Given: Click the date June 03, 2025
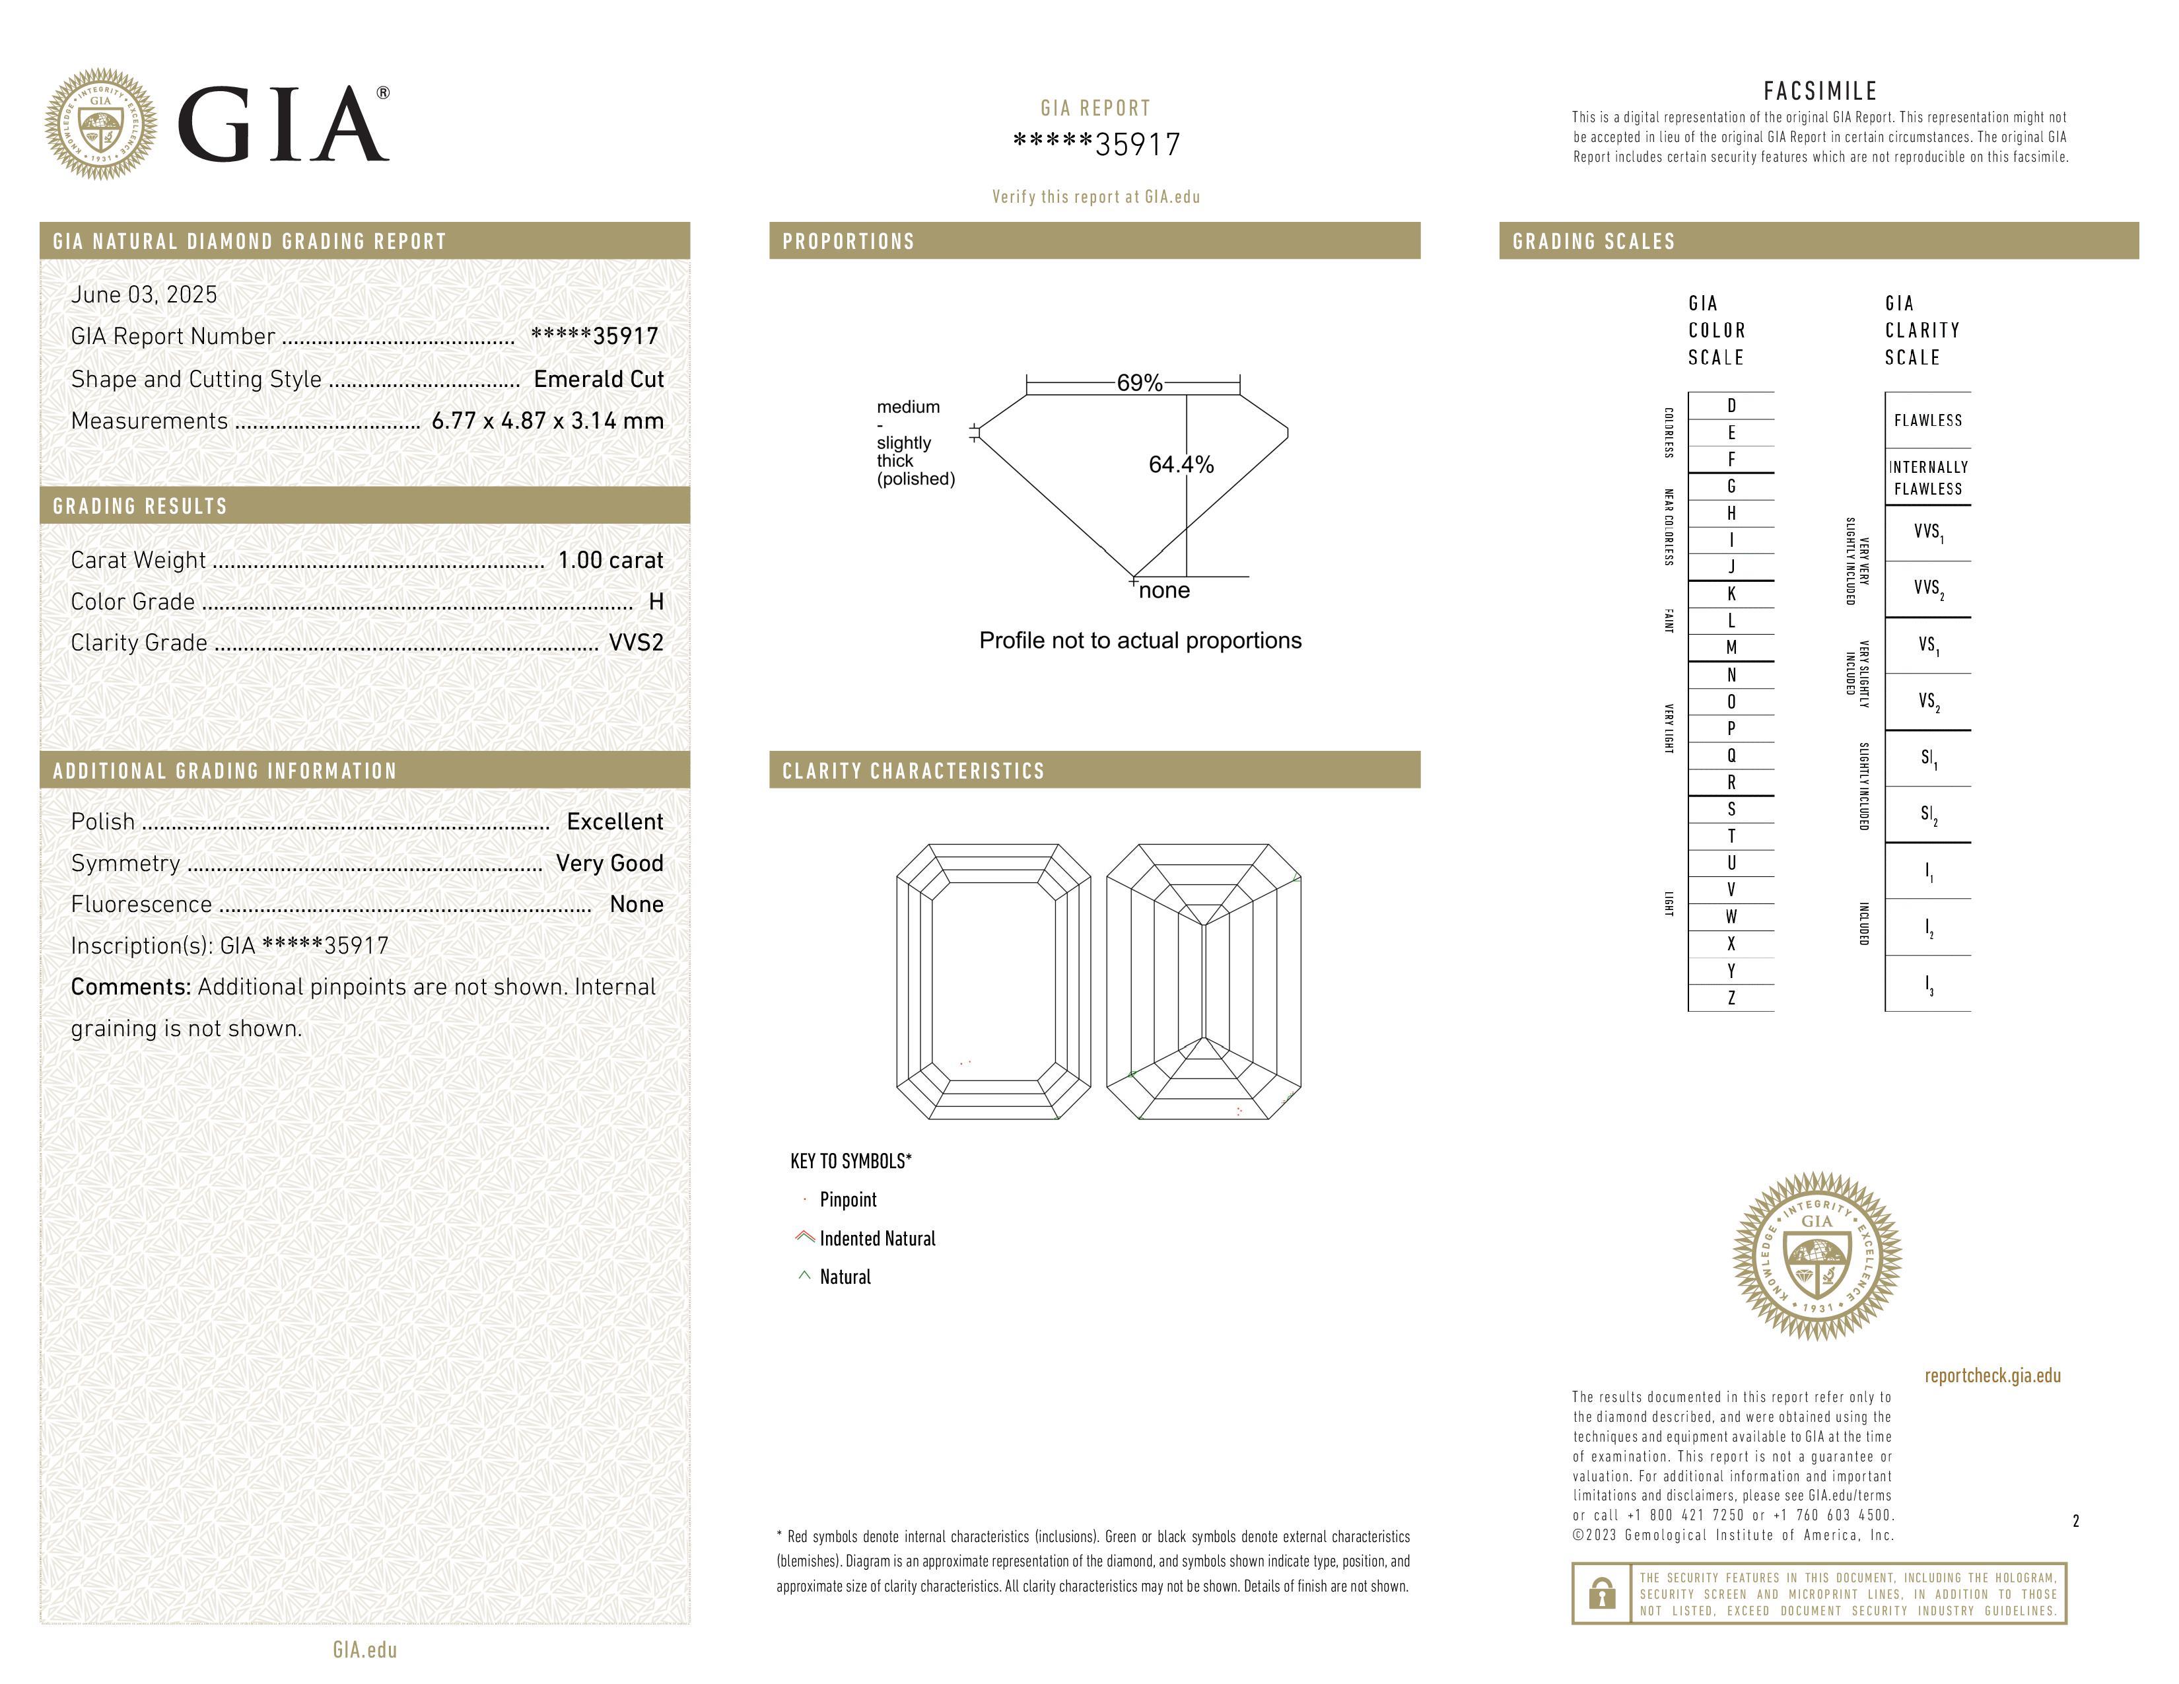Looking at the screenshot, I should point(144,295).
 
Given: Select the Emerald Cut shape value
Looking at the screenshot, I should point(599,379).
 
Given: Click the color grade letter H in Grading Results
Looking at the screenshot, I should point(656,602).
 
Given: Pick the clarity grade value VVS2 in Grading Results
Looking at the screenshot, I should point(635,643).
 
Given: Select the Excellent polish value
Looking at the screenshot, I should point(615,821).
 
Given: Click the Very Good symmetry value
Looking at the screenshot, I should point(609,863).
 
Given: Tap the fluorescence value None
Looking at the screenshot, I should point(637,904).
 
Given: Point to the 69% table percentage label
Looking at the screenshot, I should point(1140,383).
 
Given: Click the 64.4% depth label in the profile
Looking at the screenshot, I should point(1181,465).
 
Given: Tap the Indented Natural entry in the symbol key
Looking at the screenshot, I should point(877,1239).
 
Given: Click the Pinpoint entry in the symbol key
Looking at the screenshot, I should point(848,1200).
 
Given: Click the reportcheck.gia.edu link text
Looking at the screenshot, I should point(1992,1376).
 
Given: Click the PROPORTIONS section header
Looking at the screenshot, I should point(848,242).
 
